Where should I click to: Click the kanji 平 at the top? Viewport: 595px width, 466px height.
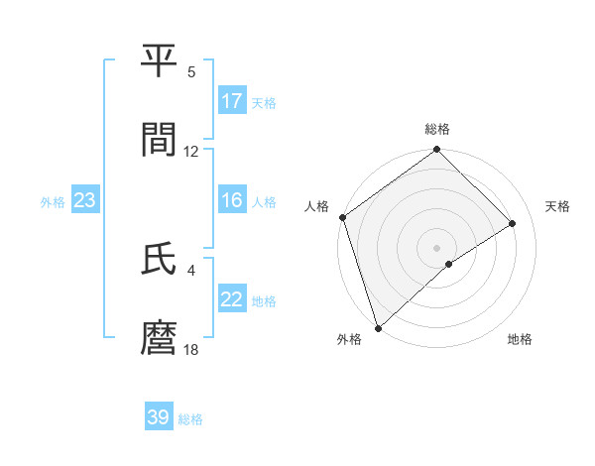pyautogui.click(x=159, y=62)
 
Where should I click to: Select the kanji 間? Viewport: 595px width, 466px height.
pyautogui.click(x=159, y=140)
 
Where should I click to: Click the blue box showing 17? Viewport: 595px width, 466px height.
pyautogui.click(x=232, y=101)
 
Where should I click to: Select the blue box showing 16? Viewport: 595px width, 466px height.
pyautogui.click(x=232, y=200)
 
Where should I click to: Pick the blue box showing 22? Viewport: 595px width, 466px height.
pyautogui.click(x=232, y=299)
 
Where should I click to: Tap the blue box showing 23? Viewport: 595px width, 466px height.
pyautogui.click(x=85, y=200)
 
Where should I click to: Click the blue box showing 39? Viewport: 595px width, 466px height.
pyautogui.click(x=159, y=417)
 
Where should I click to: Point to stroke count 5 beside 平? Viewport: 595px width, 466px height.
pyautogui.click(x=191, y=72)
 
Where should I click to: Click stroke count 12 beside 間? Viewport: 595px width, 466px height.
pyautogui.click(x=191, y=152)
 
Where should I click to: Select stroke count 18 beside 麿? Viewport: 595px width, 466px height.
pyautogui.click(x=191, y=350)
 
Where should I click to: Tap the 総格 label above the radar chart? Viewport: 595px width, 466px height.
pyautogui.click(x=437, y=129)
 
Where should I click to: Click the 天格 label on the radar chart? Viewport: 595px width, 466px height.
pyautogui.click(x=558, y=206)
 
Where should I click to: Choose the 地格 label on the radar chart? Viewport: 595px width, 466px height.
pyautogui.click(x=520, y=340)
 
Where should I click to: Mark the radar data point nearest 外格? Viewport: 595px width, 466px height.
pyautogui.click(x=377, y=327)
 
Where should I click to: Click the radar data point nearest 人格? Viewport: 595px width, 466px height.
pyautogui.click(x=342, y=217)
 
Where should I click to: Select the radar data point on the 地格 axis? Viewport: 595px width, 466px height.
pyautogui.click(x=449, y=264)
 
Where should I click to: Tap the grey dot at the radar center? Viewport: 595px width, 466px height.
pyautogui.click(x=436, y=247)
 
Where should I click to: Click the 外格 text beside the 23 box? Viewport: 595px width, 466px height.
pyautogui.click(x=53, y=201)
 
